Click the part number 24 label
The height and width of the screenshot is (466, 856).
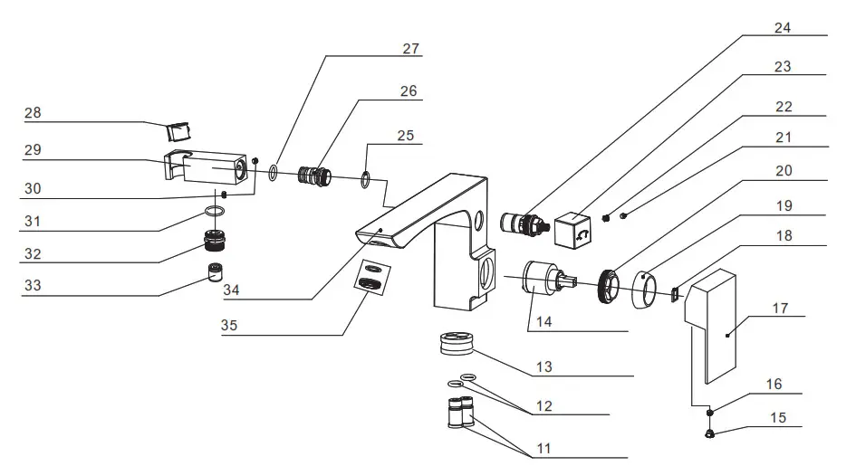coord(783,27)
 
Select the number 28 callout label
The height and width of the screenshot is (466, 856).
coord(34,114)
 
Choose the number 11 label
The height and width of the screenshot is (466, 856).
coord(543,447)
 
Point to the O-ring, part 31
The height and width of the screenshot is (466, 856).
coord(215,212)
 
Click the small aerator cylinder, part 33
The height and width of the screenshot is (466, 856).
coord(215,271)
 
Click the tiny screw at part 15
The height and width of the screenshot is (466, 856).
coord(710,433)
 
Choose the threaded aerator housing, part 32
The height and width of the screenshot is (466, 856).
coord(215,242)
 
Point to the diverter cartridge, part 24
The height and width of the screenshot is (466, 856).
coord(523,223)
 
